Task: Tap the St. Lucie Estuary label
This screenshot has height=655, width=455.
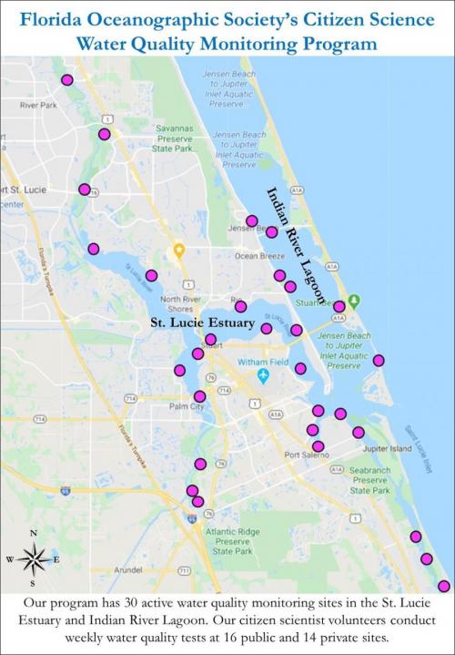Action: click(x=201, y=323)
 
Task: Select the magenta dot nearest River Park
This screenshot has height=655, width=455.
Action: click(x=66, y=80)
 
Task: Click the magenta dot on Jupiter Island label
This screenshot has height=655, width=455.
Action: click(x=359, y=432)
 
